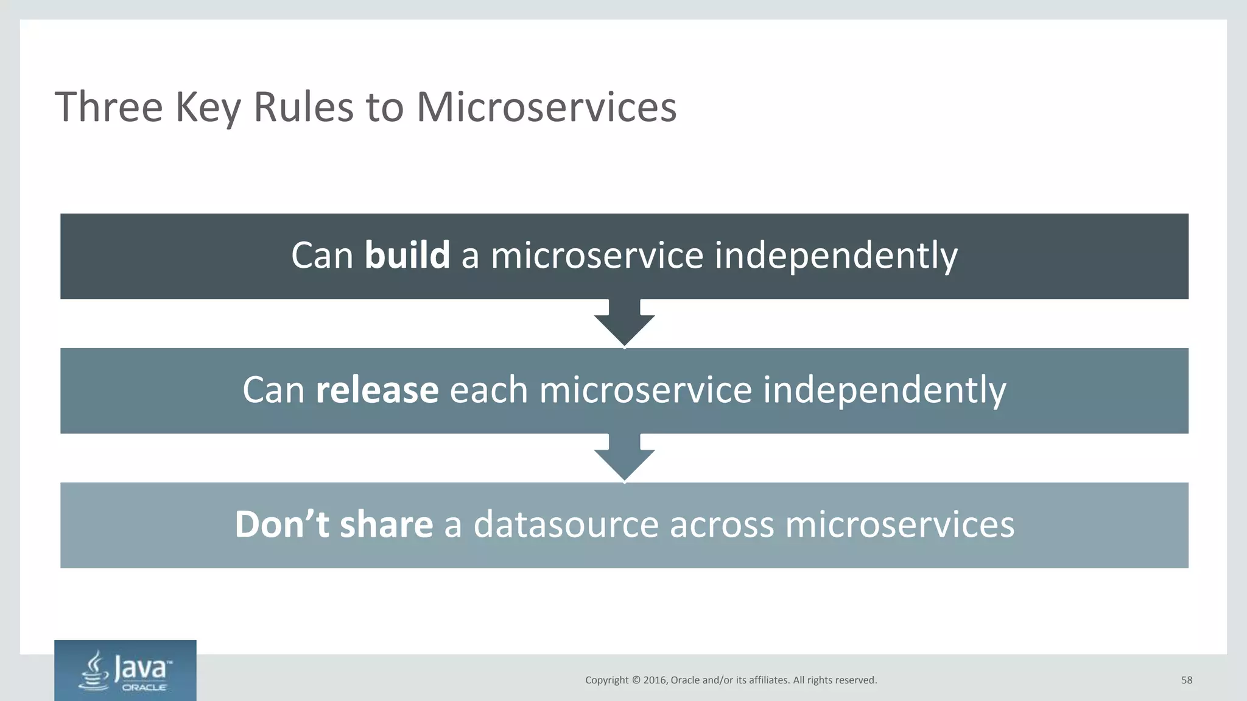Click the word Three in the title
point(109,107)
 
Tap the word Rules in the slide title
point(303,107)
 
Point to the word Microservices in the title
point(546,107)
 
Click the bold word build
point(407,255)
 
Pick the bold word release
point(377,390)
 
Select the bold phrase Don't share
point(334,525)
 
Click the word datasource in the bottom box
point(566,525)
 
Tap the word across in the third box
point(722,525)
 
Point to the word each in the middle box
point(488,390)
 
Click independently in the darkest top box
point(835,255)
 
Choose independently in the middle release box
point(884,390)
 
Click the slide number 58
point(1186,680)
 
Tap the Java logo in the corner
point(125,671)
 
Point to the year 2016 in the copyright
point(655,680)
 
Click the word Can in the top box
point(322,255)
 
